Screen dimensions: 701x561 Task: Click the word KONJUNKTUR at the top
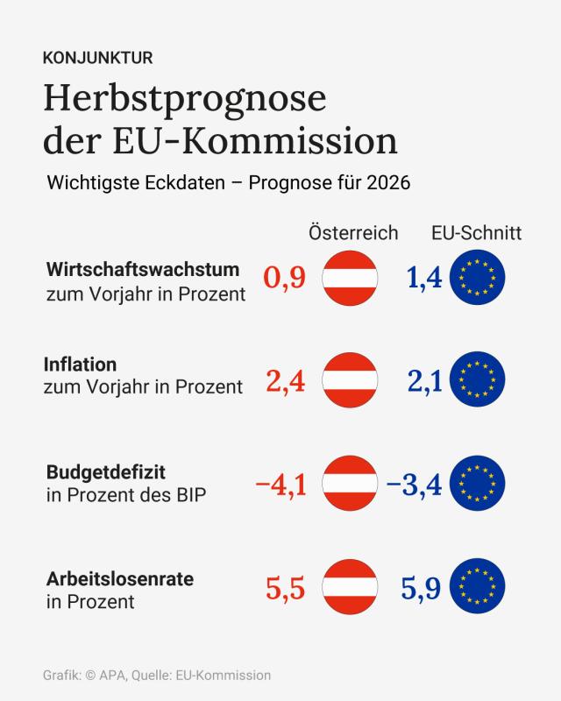click(x=98, y=59)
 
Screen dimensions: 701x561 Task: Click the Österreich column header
click(x=353, y=233)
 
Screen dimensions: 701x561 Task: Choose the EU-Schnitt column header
click(x=476, y=233)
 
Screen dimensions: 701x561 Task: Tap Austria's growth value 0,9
click(x=284, y=278)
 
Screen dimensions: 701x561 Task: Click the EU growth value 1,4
click(x=424, y=278)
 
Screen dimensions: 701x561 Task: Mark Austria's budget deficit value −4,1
click(x=280, y=484)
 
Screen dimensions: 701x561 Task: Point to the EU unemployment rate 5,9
click(x=424, y=588)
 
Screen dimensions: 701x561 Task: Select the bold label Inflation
click(x=80, y=364)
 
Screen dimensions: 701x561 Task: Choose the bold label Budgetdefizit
click(x=107, y=473)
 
